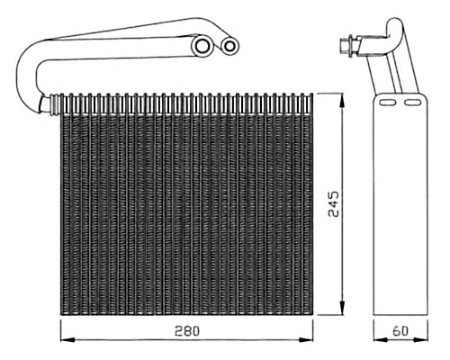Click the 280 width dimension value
(187, 331)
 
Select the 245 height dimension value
(333, 203)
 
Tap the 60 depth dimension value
(400, 331)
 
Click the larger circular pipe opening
(202, 46)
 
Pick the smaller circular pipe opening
(229, 46)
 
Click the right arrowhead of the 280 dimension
(306, 339)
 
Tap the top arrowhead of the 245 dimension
(342, 100)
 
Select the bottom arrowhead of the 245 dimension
(342, 308)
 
